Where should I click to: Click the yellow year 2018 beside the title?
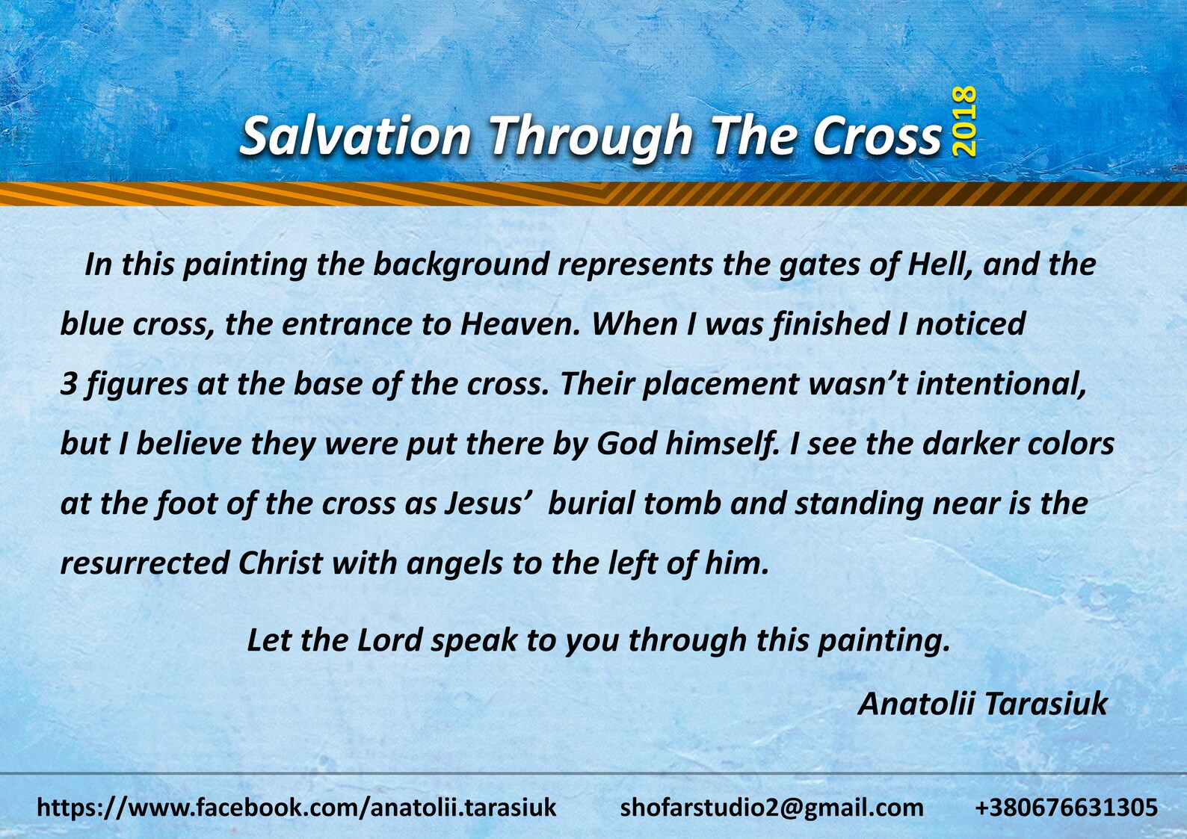coord(965,121)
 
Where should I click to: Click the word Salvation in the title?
coord(355,136)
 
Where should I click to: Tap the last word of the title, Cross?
coord(877,136)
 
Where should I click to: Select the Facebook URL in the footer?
coord(297,808)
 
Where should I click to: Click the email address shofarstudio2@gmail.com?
coord(771,808)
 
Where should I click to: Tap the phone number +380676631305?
coord(1066,808)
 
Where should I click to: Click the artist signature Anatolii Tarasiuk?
coord(982,704)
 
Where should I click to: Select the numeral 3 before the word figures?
coord(69,384)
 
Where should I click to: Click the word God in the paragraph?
coord(626,444)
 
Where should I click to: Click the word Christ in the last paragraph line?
coord(280,563)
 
